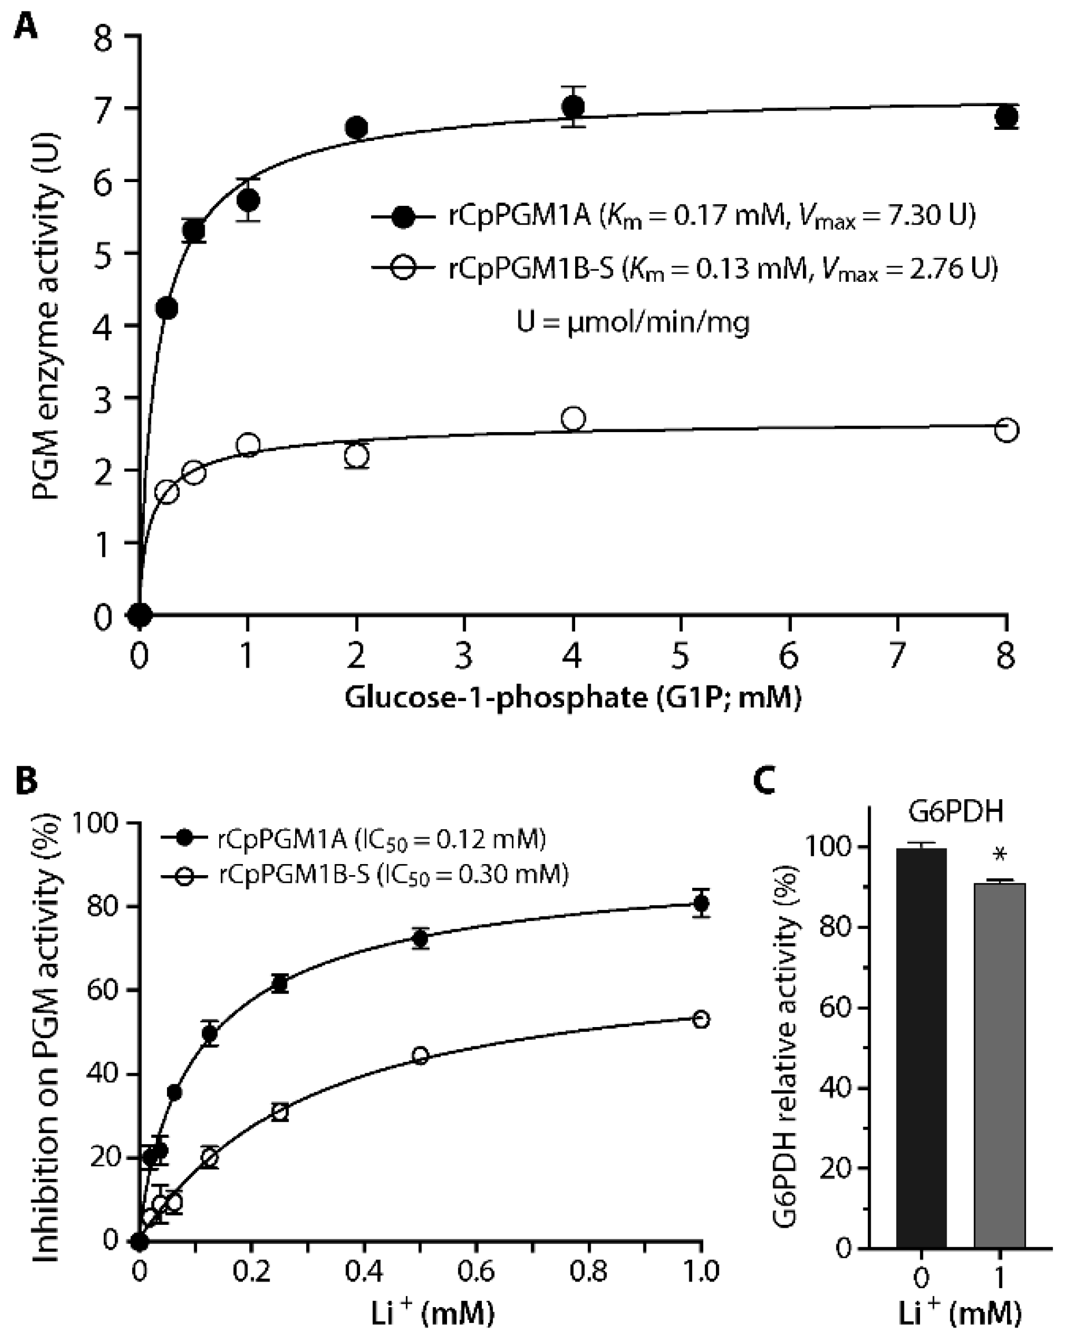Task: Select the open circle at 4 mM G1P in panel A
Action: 573,419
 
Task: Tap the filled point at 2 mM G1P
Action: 356,128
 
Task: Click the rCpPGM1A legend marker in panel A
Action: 404,216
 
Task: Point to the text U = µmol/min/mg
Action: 633,322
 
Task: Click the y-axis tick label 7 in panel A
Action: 103,109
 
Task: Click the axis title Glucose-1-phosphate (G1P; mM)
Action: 573,698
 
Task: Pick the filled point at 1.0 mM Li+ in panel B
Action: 701,904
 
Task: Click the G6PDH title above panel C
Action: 955,811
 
